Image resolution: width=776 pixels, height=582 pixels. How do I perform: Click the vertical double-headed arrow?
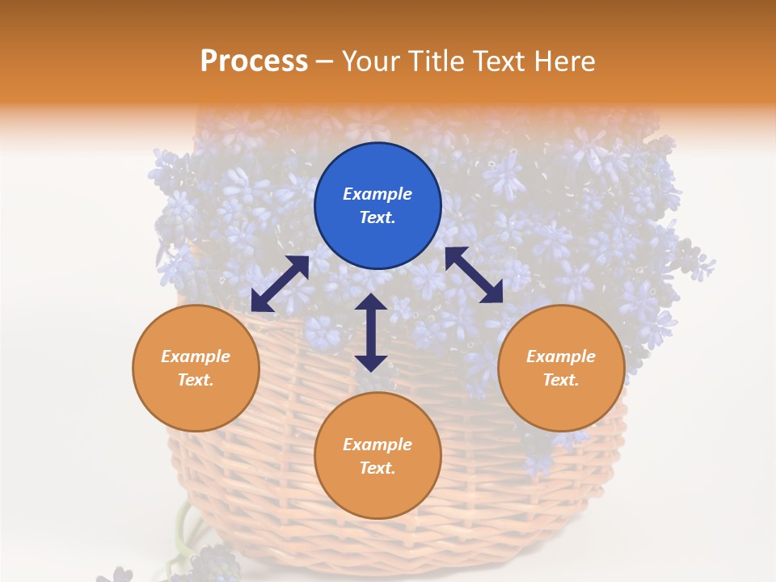click(371, 332)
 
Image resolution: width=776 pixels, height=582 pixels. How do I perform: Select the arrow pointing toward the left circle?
click(280, 284)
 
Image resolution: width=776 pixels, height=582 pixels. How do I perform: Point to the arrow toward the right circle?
click(474, 275)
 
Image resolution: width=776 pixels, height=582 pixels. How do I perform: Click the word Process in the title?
click(254, 61)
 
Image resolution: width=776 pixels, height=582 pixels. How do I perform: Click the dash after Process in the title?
click(324, 61)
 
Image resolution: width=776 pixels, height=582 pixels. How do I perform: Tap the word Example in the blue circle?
click(377, 194)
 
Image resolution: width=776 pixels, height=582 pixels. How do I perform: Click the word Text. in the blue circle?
click(377, 217)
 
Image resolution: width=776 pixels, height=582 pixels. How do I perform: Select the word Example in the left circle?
click(196, 356)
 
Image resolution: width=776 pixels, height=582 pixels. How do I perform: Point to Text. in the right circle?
click(561, 380)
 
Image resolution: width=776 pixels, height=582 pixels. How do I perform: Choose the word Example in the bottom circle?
click(377, 445)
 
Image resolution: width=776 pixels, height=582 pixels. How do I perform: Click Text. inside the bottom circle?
click(377, 468)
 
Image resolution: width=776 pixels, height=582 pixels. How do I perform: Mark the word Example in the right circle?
click(561, 356)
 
